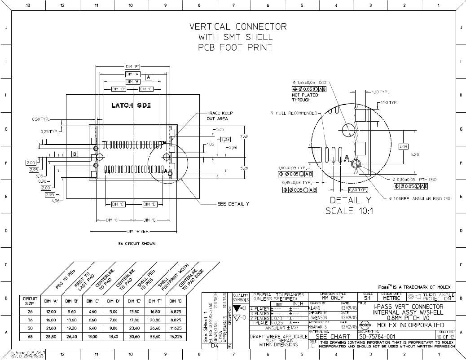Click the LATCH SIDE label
click(131, 105)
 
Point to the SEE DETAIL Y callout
click(233, 204)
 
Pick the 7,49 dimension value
click(244, 136)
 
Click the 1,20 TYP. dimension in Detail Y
click(380, 92)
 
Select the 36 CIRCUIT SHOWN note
click(137, 244)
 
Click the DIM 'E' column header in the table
click(137, 301)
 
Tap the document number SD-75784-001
click(377, 337)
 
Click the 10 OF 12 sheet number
click(445, 337)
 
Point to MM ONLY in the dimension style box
click(333, 298)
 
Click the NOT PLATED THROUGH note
click(305, 97)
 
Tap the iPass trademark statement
click(413, 287)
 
